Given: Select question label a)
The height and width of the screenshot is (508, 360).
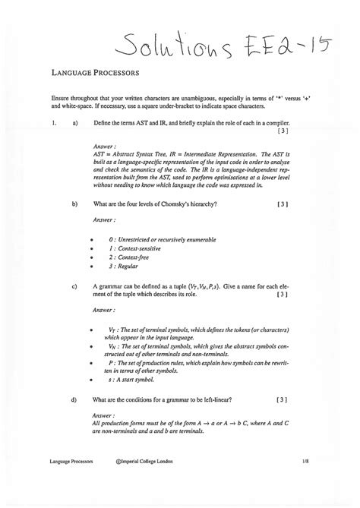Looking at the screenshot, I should click(74, 122).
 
